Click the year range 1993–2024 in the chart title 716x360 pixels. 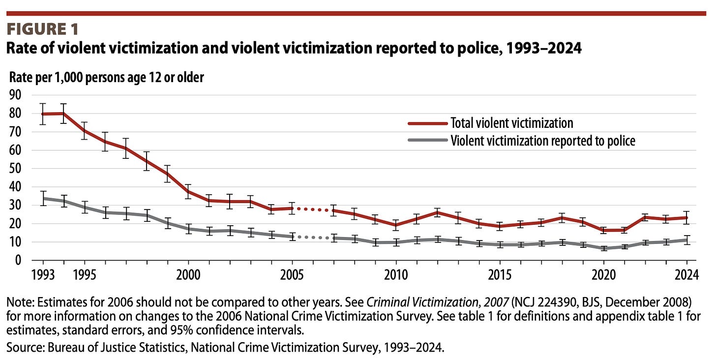(x=537, y=49)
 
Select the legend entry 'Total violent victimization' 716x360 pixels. (x=511, y=123)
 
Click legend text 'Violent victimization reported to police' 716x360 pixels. (x=543, y=141)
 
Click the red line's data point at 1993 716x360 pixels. (x=43, y=114)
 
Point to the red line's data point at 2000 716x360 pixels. (x=188, y=191)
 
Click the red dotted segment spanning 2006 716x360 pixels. (x=313, y=210)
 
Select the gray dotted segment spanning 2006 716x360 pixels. (x=313, y=238)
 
